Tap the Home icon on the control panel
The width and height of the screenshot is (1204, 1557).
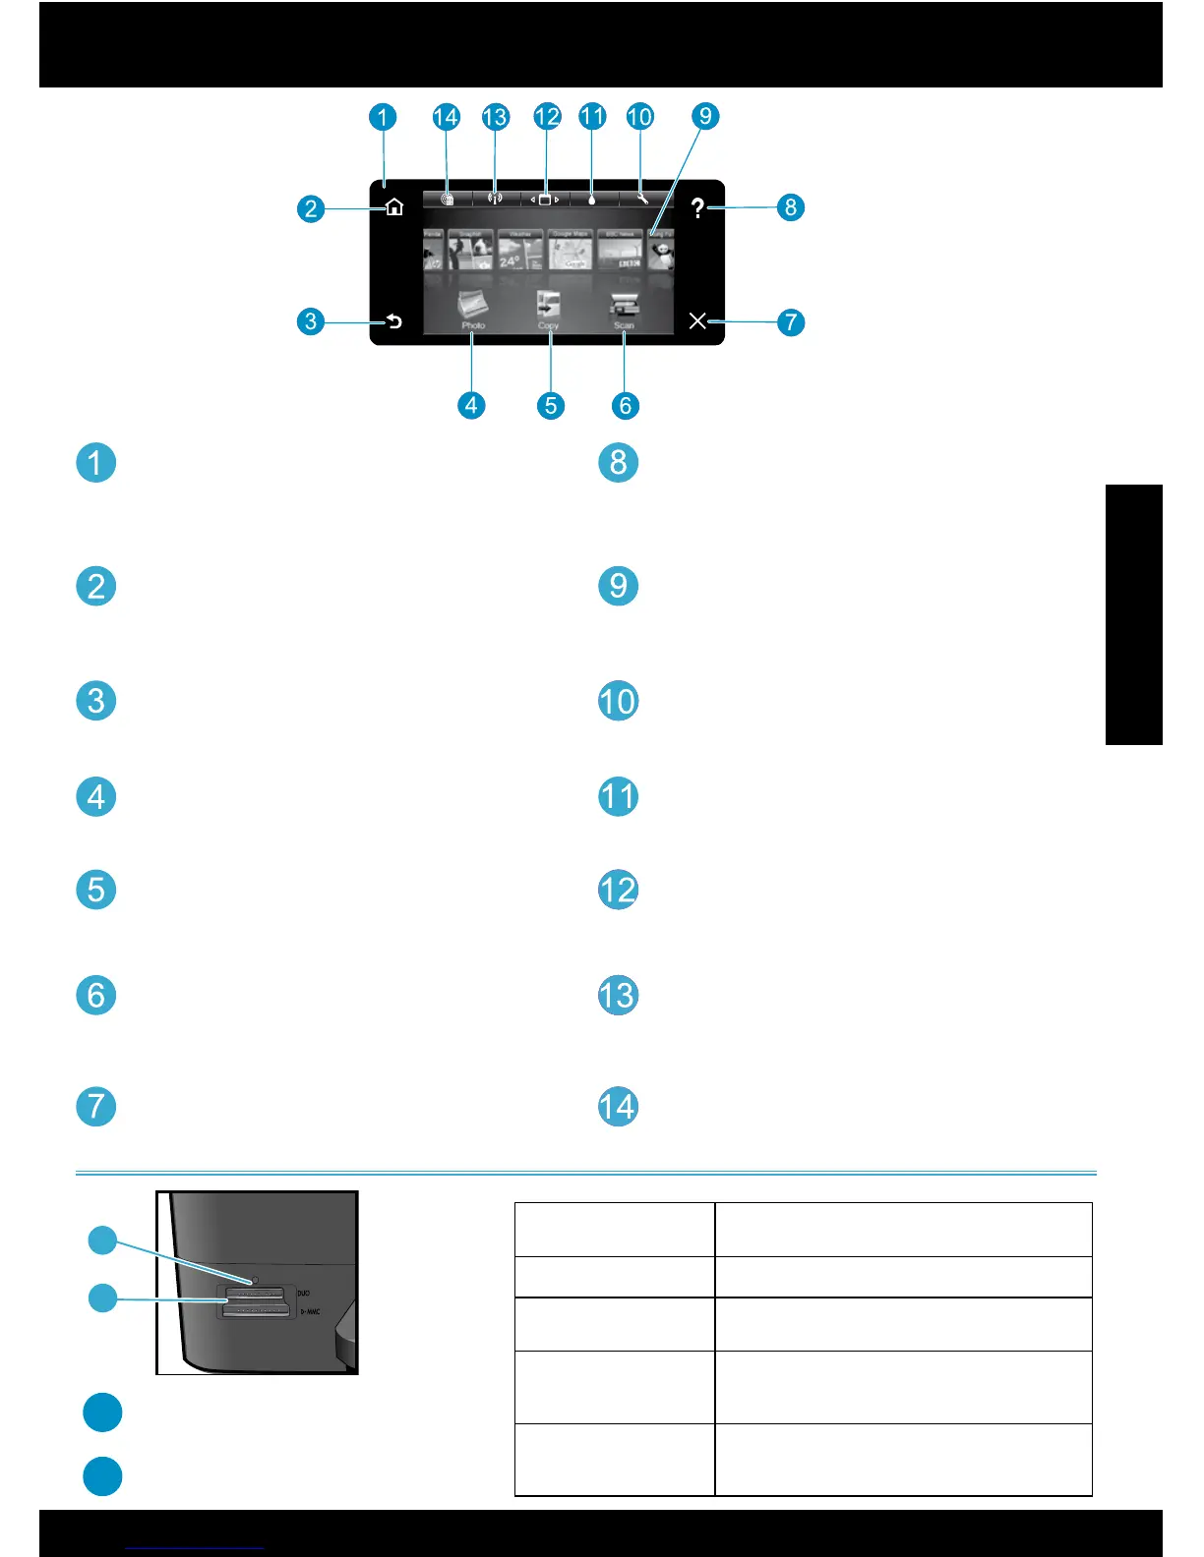click(394, 207)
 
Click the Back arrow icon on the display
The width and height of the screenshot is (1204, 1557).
click(394, 321)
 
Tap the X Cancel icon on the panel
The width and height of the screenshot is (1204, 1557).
click(697, 320)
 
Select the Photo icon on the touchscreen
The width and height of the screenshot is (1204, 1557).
click(473, 308)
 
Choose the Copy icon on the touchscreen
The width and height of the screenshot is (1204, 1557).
click(548, 308)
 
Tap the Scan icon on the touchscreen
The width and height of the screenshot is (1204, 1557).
click(624, 308)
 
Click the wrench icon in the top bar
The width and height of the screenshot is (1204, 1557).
click(642, 199)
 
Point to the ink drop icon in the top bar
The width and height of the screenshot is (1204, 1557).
click(592, 199)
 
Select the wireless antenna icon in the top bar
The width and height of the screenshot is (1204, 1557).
click(495, 199)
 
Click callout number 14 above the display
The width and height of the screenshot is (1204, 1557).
click(446, 117)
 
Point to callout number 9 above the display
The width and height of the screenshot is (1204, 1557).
click(705, 116)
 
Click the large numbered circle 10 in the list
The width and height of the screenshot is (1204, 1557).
click(618, 701)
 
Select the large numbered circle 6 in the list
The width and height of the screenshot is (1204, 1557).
click(96, 995)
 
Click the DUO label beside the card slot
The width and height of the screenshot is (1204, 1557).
click(304, 1293)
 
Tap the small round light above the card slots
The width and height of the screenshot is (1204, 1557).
click(255, 1281)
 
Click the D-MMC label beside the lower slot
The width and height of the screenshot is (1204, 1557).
click(310, 1311)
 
